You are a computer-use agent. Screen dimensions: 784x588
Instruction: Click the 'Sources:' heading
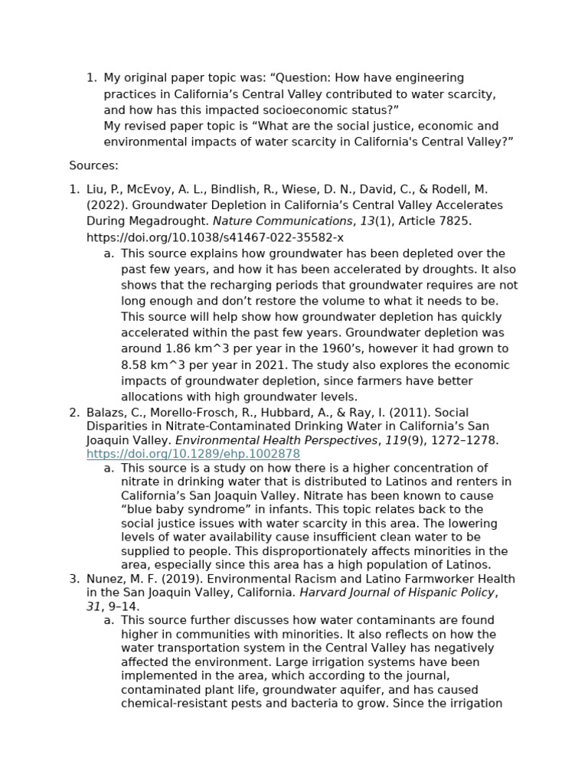click(x=93, y=165)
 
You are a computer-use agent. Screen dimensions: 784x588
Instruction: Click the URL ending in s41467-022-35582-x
click(x=215, y=237)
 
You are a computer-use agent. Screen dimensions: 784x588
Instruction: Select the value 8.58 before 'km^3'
click(x=135, y=365)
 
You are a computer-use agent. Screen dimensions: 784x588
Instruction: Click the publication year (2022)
click(x=105, y=205)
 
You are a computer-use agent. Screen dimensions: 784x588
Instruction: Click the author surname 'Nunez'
click(x=104, y=579)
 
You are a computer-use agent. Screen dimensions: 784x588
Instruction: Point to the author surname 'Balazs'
click(x=105, y=413)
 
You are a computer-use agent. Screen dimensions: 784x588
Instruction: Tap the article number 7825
click(x=456, y=221)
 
